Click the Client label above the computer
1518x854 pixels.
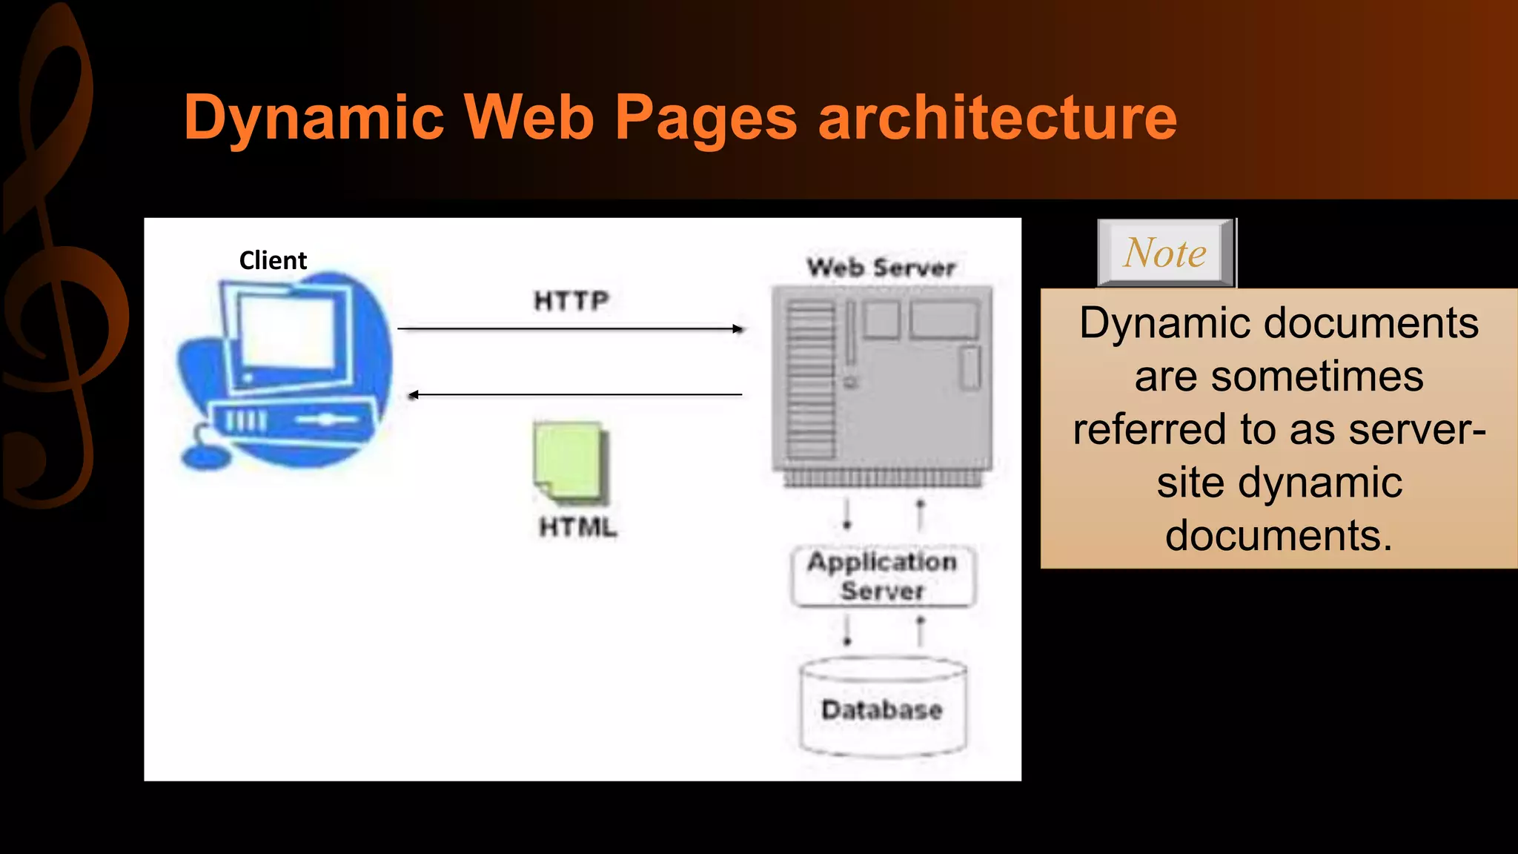point(273,261)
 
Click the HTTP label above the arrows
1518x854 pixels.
point(571,301)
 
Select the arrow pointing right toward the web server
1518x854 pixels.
point(571,328)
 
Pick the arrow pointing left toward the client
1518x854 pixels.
point(575,395)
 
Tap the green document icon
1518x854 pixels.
point(569,461)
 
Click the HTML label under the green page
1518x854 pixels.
point(578,527)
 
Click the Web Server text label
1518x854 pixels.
point(881,268)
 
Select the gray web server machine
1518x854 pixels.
point(881,382)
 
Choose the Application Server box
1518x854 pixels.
point(883,577)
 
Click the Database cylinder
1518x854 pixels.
point(883,708)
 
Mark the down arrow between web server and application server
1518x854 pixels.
point(847,514)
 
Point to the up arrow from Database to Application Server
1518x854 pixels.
point(921,632)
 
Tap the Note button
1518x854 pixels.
point(1165,253)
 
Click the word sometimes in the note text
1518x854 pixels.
point(1317,377)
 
